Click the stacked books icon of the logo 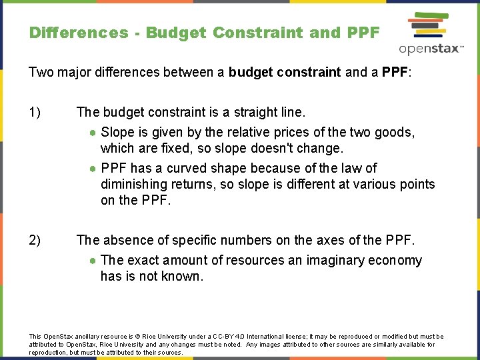pyautogui.click(x=429, y=26)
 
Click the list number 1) pyautogui.click(x=36, y=113)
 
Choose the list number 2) pyautogui.click(x=36, y=240)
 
